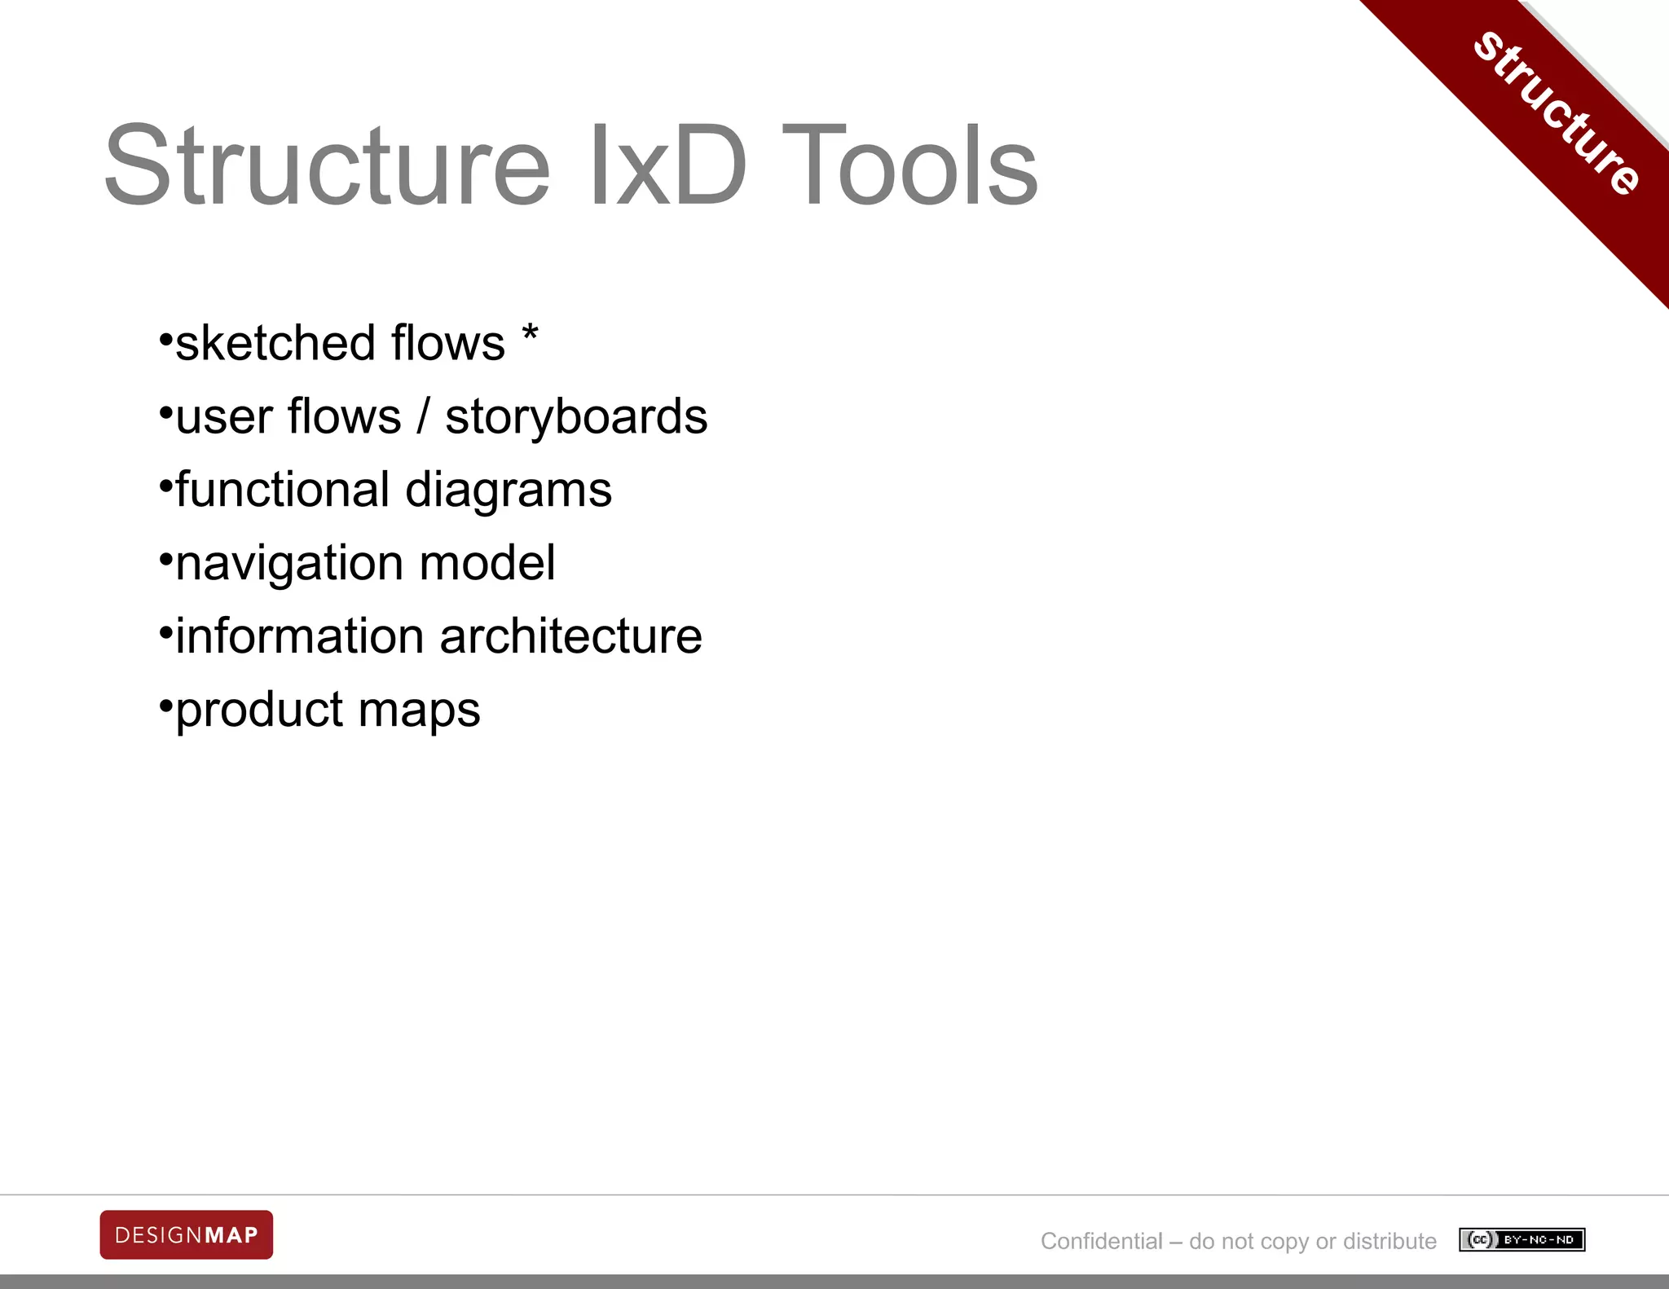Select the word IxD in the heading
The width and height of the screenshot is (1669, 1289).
coord(667,166)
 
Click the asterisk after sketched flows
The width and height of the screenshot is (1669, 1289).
coord(530,335)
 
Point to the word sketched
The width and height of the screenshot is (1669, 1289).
coord(273,343)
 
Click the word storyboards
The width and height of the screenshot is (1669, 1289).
coord(576,417)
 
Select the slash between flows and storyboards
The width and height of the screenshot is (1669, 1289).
coord(422,417)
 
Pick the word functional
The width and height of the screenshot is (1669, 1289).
coord(282,490)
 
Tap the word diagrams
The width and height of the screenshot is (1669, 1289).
coord(509,491)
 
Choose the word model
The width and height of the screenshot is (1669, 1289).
coord(487,563)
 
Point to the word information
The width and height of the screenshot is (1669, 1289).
coord(299,636)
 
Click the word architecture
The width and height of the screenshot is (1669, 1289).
coord(570,636)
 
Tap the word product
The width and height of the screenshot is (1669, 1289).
coord(259,711)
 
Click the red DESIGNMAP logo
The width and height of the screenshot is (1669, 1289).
coord(187,1234)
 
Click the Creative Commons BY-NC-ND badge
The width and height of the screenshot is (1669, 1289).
coord(1521,1239)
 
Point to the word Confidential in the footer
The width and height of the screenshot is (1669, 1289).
coord(1101,1241)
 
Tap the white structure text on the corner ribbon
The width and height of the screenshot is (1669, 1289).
coord(1557,113)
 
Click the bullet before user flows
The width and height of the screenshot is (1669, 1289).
coord(165,412)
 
